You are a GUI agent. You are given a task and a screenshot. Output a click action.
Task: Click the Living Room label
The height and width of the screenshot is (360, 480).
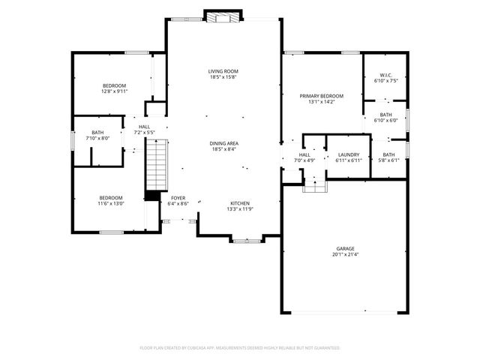point(223,71)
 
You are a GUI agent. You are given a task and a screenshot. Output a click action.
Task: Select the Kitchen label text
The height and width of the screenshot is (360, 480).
point(239,203)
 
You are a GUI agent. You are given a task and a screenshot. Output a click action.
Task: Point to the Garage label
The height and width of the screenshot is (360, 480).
point(345,248)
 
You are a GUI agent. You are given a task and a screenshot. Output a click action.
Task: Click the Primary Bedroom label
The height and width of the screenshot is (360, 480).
point(321,96)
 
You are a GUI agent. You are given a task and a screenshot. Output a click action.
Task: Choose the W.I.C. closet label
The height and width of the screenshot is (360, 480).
point(386,75)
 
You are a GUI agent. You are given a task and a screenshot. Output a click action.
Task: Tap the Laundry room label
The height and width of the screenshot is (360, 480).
point(349,154)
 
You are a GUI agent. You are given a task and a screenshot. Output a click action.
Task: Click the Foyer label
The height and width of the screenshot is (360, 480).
point(178,198)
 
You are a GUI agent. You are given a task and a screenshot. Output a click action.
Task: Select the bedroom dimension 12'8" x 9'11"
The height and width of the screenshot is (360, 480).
point(115,91)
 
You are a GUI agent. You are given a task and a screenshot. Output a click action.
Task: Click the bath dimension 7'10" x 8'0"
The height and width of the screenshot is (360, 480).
point(97,138)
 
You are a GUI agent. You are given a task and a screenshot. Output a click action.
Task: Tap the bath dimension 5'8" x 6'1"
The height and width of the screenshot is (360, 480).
point(388,160)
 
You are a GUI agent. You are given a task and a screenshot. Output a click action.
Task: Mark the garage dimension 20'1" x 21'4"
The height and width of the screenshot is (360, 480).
point(345,254)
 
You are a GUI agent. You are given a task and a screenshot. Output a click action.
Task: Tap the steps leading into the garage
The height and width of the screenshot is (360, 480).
point(314,185)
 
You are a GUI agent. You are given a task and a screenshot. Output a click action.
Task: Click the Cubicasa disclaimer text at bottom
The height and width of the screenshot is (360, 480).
point(240,348)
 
